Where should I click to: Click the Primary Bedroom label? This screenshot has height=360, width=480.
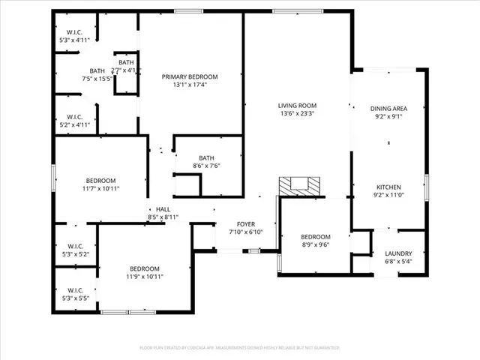[x=190, y=76]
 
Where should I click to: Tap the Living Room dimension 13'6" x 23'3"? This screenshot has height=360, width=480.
[x=298, y=114]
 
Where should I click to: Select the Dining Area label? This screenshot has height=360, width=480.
[x=388, y=109]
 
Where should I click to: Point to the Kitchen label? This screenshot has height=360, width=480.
[x=388, y=187]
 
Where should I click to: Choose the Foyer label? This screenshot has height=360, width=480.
[x=246, y=224]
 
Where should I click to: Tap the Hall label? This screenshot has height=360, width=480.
[x=163, y=209]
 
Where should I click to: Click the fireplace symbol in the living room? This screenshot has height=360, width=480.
[x=299, y=185]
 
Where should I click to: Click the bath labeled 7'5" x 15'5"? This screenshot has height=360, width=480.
[x=97, y=73]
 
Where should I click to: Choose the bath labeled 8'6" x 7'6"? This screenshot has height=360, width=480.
[x=206, y=162]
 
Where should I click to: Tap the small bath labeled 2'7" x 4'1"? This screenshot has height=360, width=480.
[x=126, y=66]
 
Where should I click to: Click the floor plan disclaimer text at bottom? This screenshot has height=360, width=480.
[x=240, y=348]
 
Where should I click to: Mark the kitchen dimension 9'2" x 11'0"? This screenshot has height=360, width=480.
[x=388, y=195]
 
